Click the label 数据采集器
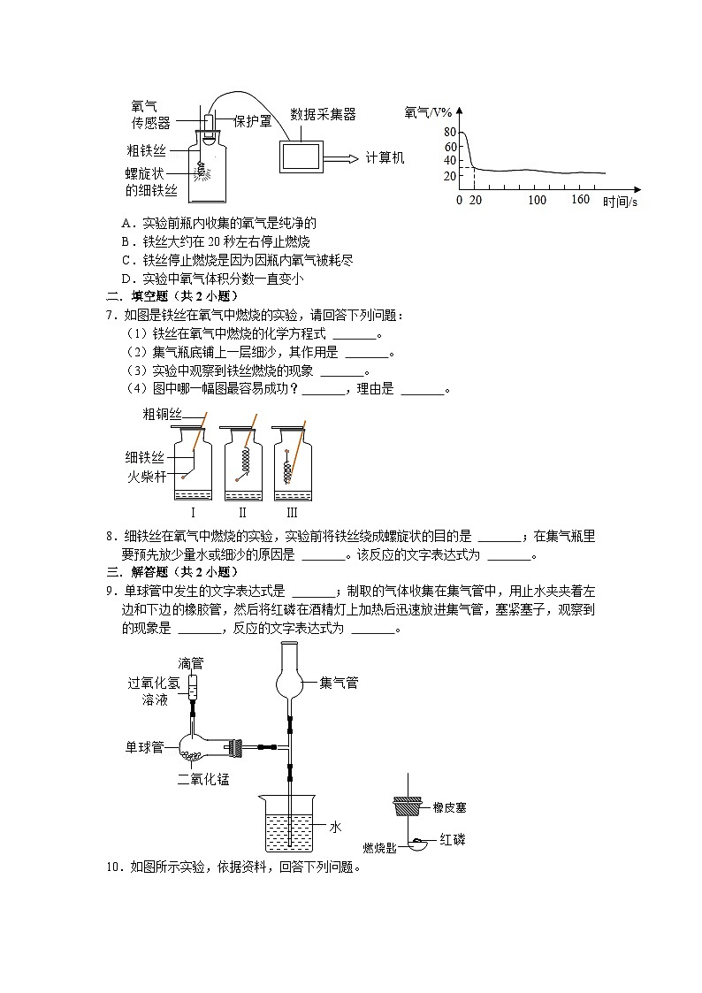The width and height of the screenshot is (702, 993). click(x=323, y=114)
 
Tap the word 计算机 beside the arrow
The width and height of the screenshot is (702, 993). click(x=385, y=157)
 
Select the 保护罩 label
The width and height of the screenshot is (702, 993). click(x=253, y=121)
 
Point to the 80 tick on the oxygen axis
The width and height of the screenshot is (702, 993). click(x=450, y=132)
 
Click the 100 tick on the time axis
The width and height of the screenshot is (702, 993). click(x=537, y=200)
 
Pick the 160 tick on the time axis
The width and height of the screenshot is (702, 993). click(x=580, y=200)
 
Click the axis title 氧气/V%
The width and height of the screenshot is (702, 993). click(x=428, y=112)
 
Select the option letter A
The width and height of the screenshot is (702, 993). click(x=126, y=224)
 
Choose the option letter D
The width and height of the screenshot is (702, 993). click(x=126, y=279)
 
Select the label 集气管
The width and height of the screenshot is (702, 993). click(x=339, y=683)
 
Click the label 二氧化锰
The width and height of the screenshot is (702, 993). click(x=203, y=779)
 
